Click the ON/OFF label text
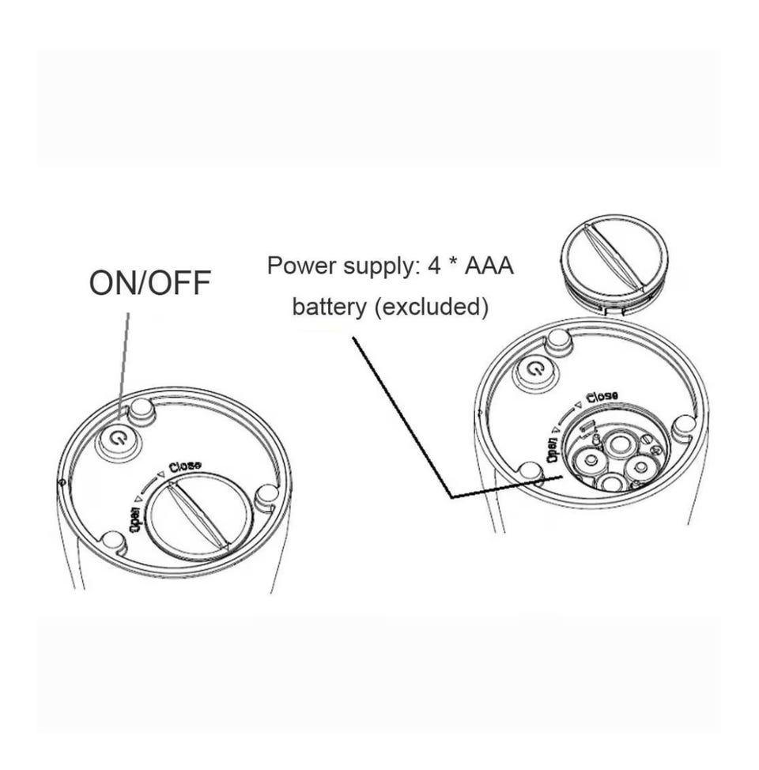pyautogui.click(x=149, y=282)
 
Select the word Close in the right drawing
pyautogui.click(x=602, y=396)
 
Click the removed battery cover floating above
pyautogui.click(x=614, y=261)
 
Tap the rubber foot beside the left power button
pyautogui.click(x=142, y=410)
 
